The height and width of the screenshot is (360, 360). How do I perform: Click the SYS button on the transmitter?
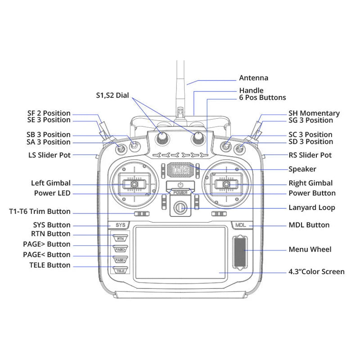pos(119,224)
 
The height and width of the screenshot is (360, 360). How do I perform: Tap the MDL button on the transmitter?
pos(240,224)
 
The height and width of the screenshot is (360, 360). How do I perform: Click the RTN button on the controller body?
pos(120,238)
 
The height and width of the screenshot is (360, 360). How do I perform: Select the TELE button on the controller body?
pos(120,270)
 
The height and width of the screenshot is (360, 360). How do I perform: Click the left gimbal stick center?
pos(134,184)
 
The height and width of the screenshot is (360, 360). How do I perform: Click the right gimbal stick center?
pos(226,184)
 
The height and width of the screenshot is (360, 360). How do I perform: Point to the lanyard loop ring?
pos(180,207)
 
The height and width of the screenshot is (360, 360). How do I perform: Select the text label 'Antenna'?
pos(253,78)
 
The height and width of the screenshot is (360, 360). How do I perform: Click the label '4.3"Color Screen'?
pos(316,272)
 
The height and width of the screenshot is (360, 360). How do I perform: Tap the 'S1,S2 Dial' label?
pos(112,95)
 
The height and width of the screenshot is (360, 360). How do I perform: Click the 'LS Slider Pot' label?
pos(49,155)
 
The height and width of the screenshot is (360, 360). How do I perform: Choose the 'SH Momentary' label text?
pos(314,113)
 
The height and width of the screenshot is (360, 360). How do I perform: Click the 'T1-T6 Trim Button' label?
pos(40,211)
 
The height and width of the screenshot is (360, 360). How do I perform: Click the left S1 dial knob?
pos(162,139)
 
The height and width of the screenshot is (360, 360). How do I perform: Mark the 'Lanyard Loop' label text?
pos(311,208)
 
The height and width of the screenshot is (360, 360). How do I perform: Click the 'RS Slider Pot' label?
pos(310,155)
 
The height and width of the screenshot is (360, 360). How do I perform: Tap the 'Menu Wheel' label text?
pos(310,249)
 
